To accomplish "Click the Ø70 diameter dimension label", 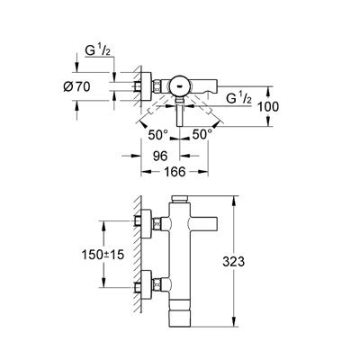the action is [76, 87].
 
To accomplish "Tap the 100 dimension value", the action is [268, 107].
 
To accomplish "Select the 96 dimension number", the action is [160, 156].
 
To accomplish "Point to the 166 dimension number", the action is [175, 172].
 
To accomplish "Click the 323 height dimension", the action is [234, 262].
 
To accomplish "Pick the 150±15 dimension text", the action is [103, 255].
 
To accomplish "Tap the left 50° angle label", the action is [158, 135].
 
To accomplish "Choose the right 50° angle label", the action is [202, 134].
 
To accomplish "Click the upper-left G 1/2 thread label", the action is [98, 51].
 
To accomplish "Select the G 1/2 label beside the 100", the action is [238, 98].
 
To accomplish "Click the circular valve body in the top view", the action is [179, 86].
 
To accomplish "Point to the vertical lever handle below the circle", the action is [180, 115].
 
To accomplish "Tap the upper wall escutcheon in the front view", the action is [146, 223].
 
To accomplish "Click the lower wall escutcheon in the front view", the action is [146, 284].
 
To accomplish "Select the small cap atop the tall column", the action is [179, 200].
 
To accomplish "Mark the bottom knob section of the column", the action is [180, 319].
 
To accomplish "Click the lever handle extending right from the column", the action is [203, 224].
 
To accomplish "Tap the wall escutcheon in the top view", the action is [146, 86].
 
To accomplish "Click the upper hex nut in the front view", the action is [157, 224].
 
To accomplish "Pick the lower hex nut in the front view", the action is [157, 284].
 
